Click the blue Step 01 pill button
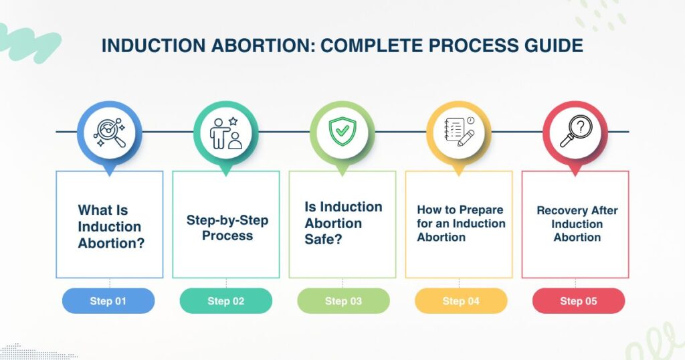[108, 301]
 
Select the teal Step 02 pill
[226, 301]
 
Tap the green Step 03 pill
[343, 301]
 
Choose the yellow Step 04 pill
[461, 301]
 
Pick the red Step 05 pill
[578, 301]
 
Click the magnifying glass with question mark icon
[575, 133]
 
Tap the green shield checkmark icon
[342, 133]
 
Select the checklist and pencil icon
[459, 133]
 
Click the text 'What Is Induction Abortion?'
[110, 227]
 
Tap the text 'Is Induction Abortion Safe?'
[343, 223]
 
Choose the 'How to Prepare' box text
[460, 223]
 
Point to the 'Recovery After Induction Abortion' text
[577, 223]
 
